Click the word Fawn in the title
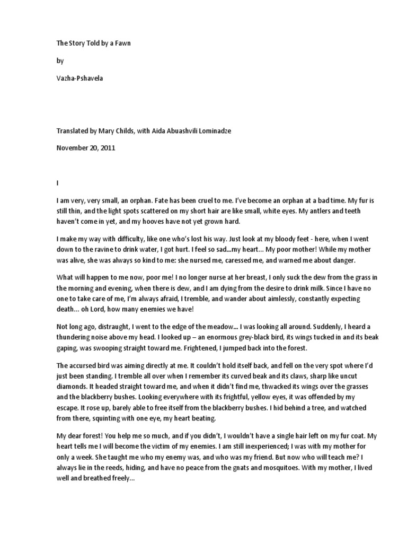point(122,43)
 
